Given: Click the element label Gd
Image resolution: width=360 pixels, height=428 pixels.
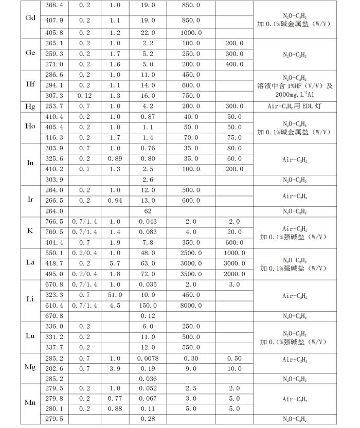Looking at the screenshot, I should (x=30, y=18).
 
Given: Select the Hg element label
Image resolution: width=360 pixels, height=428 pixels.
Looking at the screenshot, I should (x=30, y=106).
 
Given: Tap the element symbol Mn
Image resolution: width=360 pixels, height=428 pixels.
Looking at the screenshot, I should (x=30, y=402).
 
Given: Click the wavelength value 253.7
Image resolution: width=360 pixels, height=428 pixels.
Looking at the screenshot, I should (x=54, y=106).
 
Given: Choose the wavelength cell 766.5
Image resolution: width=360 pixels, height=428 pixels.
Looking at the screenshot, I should (x=54, y=222).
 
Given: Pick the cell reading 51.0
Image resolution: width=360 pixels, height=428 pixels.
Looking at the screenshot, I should (x=115, y=295).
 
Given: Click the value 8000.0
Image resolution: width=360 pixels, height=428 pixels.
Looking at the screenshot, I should (x=191, y=306).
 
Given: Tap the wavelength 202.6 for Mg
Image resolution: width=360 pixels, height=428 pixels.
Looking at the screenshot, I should (x=54, y=369).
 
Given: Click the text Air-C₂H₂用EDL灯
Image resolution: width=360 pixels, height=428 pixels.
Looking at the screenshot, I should (x=295, y=106).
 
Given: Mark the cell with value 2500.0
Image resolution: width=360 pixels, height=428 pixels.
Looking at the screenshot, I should (x=191, y=254).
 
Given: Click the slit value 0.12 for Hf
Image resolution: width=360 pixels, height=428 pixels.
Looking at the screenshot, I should (x=84, y=96).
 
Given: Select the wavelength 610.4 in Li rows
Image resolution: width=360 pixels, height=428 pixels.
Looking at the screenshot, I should (x=54, y=306).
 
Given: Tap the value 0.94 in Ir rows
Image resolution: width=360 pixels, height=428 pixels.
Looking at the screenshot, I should (x=115, y=201).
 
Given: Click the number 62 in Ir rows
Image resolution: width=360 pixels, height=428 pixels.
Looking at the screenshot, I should (x=148, y=211).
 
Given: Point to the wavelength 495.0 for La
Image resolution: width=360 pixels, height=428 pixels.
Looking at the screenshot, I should (x=54, y=274).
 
